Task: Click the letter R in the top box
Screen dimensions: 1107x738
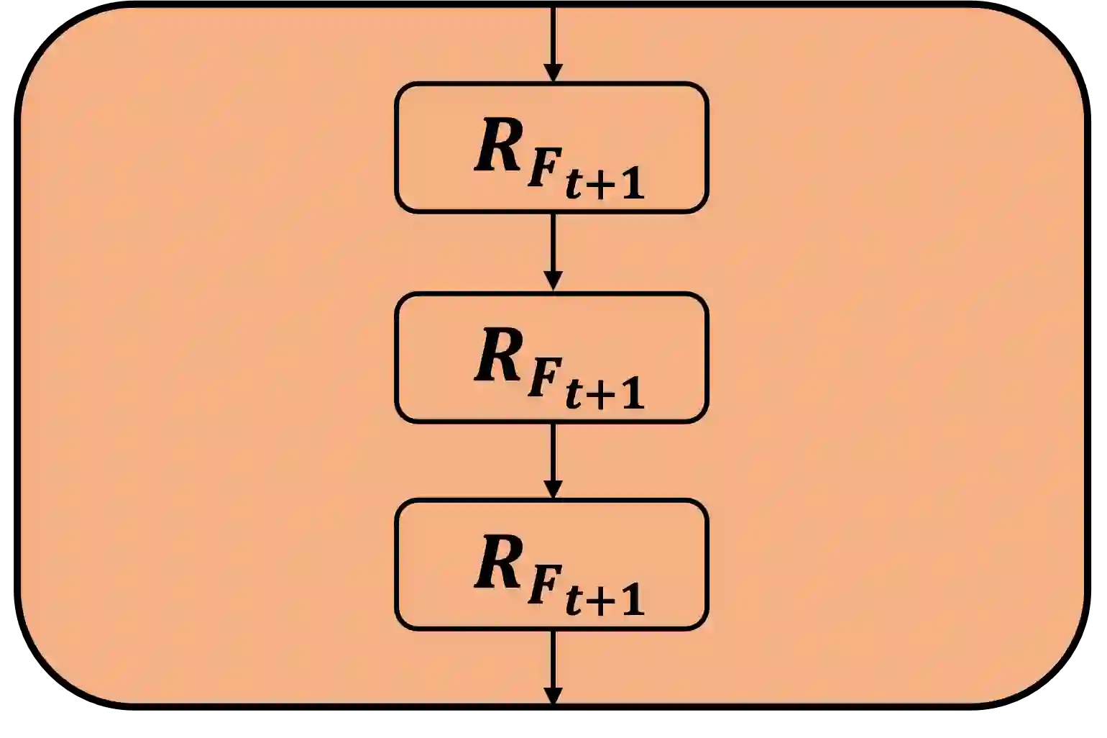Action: coord(500,147)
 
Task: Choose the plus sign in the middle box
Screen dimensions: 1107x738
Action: coord(600,395)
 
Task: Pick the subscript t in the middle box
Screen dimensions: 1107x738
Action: coord(573,393)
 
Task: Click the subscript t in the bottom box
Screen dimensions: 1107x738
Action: coord(573,601)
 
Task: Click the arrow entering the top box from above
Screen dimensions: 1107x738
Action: coord(552,43)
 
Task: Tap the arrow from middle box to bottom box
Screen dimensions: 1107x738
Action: coord(552,460)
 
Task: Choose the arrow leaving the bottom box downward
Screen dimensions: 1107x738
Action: coord(552,666)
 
